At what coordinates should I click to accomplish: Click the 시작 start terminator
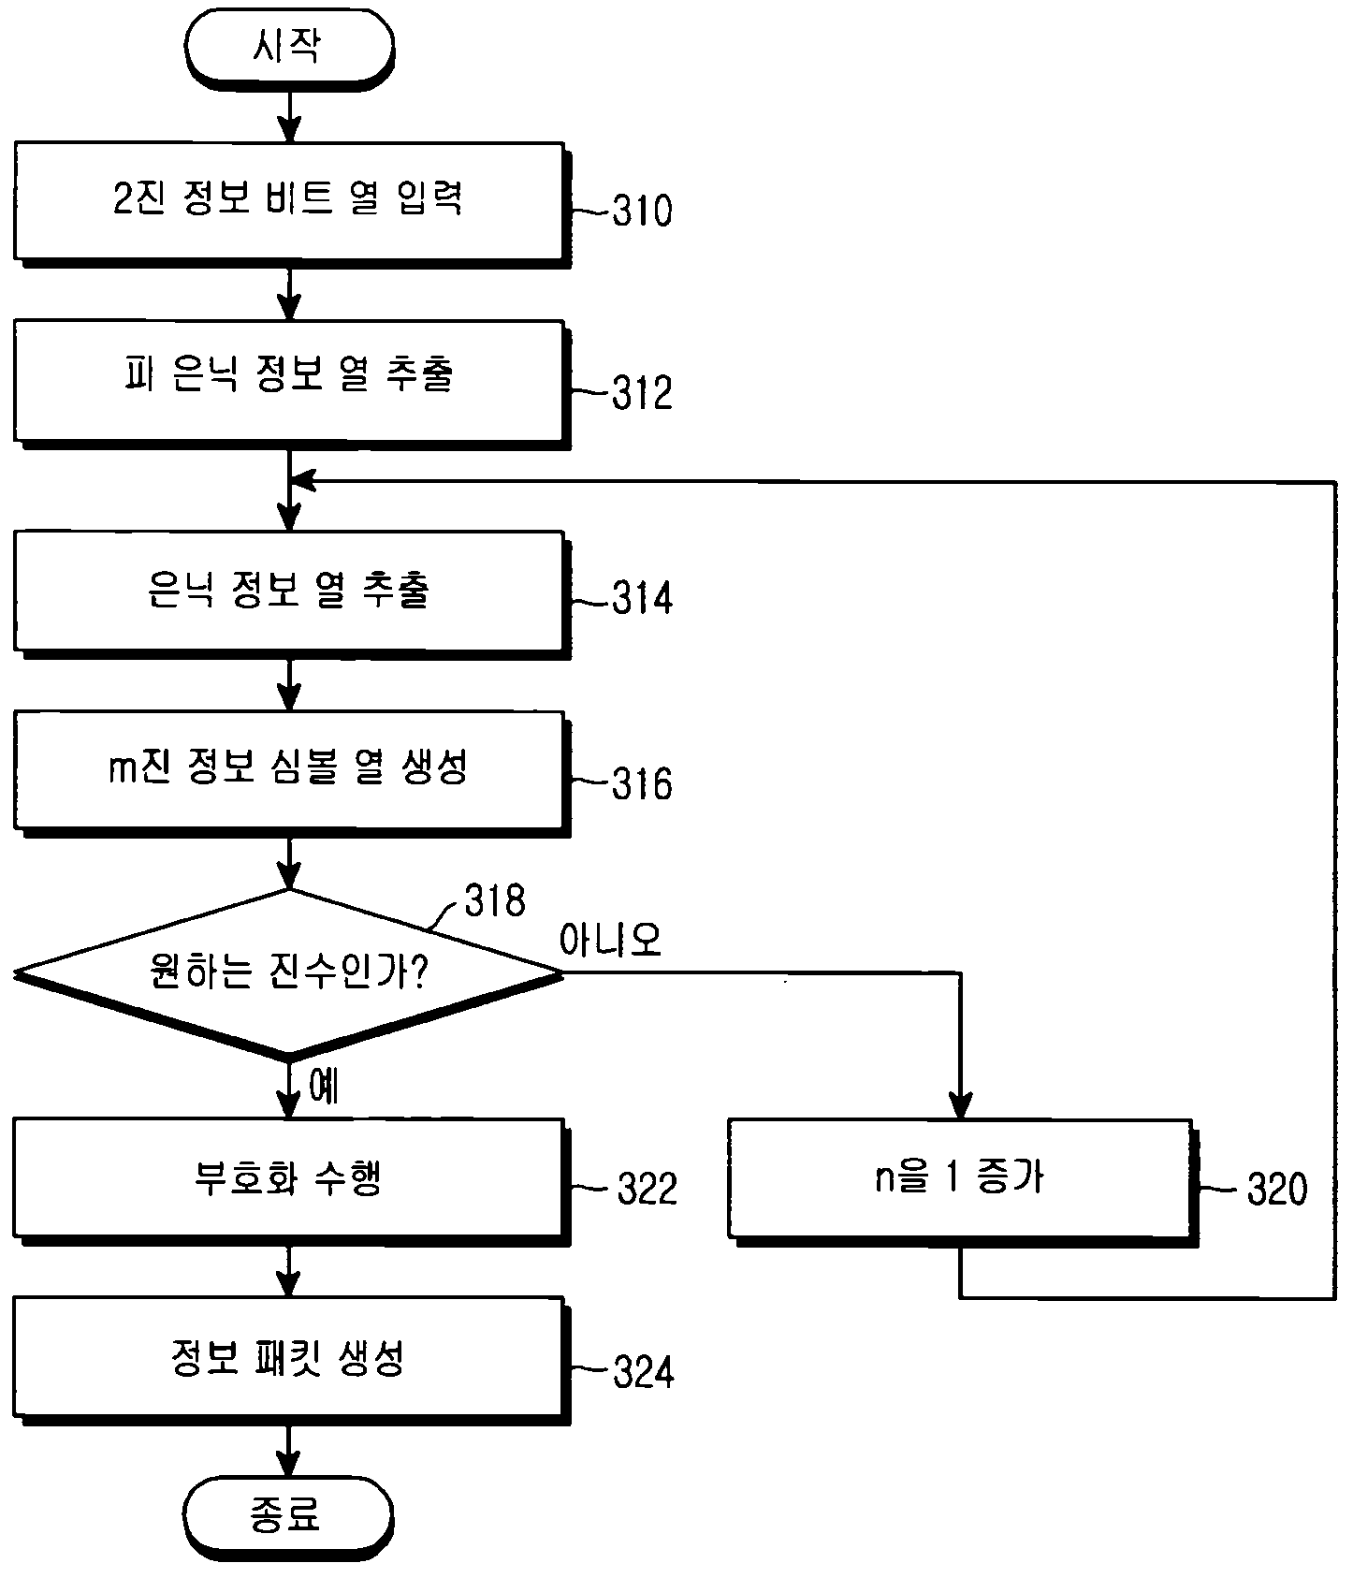coord(289,48)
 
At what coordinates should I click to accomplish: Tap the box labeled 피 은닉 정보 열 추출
coord(291,382)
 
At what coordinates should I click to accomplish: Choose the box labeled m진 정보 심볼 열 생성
coord(291,772)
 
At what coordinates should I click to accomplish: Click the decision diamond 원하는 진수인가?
coord(288,973)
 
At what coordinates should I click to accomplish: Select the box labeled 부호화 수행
coord(291,1181)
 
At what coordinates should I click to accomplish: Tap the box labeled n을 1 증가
coord(963,1181)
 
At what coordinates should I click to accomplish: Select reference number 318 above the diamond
coord(495,900)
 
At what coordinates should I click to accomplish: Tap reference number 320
coord(1277,1190)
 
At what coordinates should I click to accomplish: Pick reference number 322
coord(647,1190)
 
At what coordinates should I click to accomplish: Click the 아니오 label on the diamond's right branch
coord(610,939)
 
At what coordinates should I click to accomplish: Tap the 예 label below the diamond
coord(324,1086)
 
